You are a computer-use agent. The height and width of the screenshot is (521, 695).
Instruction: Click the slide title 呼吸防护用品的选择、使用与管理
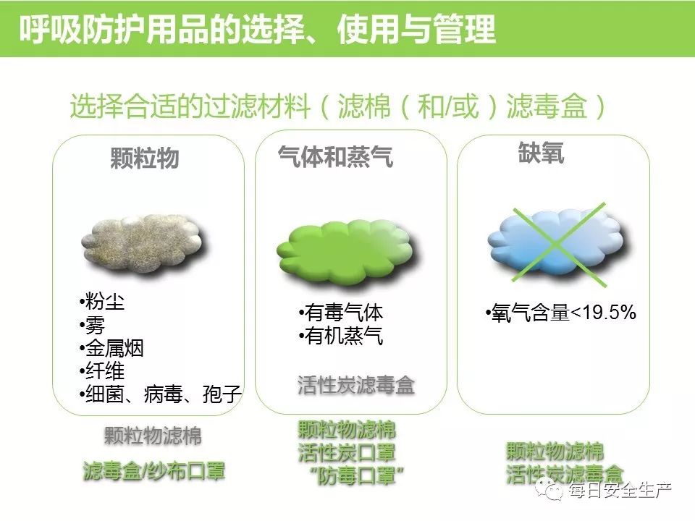tap(257, 29)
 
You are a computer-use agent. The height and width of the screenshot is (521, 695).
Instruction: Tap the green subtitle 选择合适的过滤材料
tap(190, 106)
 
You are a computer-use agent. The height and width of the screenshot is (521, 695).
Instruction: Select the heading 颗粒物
tap(145, 158)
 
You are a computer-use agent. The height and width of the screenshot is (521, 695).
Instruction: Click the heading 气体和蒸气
tap(335, 156)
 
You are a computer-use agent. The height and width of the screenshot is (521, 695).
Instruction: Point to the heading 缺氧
tap(541, 153)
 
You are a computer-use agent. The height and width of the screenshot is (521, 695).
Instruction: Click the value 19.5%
tap(609, 313)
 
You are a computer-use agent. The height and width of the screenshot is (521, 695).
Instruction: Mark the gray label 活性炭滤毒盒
tap(356, 385)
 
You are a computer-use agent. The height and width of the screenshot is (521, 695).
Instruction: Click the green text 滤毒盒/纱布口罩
tap(153, 470)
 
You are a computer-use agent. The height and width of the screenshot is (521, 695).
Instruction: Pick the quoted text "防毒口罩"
tap(356, 476)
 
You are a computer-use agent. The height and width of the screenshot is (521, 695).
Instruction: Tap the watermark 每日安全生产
tap(620, 490)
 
